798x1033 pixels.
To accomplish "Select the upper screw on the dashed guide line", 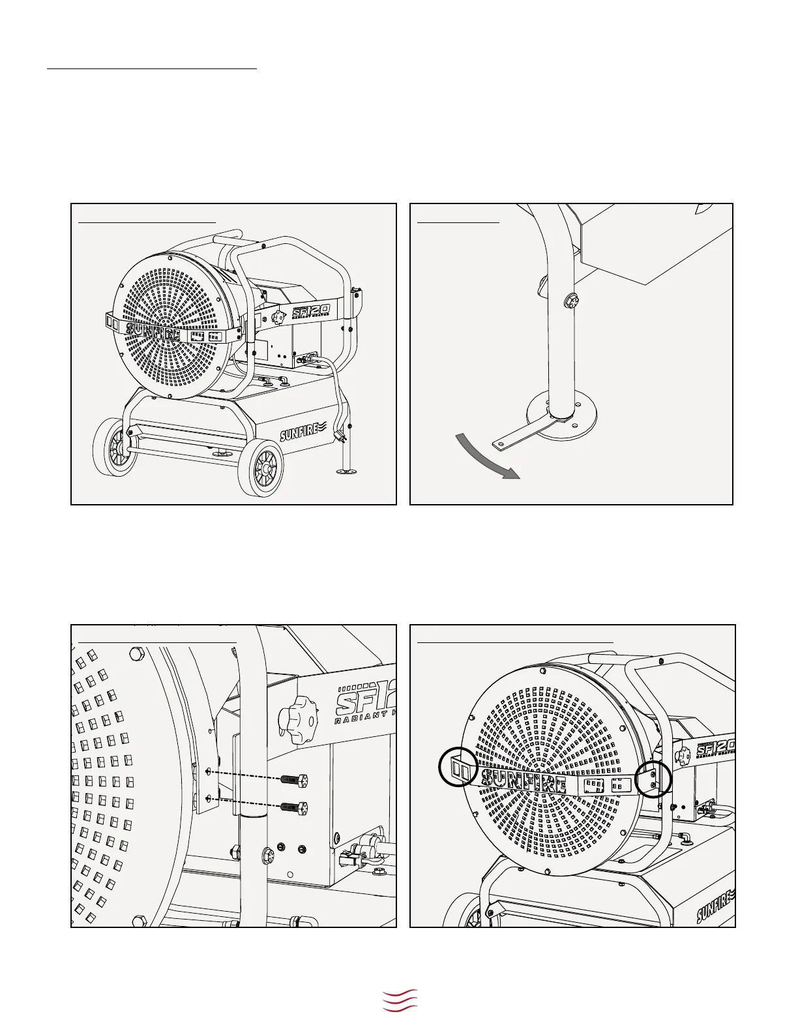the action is coord(293,779).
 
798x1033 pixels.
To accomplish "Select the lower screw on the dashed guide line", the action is coord(293,807).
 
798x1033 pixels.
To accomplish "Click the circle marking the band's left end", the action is coord(461,767).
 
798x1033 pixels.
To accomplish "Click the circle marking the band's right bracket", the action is coord(653,779).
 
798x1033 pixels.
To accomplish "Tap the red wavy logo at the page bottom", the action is coord(400,1000).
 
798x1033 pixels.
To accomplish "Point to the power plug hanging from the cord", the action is coord(340,436).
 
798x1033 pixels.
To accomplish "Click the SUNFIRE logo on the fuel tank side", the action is coord(301,431).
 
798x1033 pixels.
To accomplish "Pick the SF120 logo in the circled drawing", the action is coord(716,747).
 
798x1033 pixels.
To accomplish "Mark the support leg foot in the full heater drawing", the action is coord(347,469).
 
